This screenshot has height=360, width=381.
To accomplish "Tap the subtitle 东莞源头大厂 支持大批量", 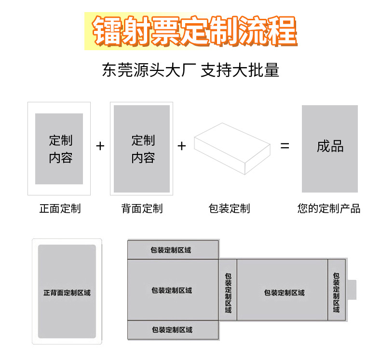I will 190,70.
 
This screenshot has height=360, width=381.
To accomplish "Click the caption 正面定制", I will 60,208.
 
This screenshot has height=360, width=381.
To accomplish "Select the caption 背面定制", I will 142,208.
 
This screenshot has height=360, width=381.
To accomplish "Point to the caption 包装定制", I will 229,208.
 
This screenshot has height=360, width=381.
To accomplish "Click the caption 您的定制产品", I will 329,208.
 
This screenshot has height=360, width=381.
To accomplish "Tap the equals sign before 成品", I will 285,145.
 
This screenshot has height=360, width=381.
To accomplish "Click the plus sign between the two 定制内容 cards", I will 100,146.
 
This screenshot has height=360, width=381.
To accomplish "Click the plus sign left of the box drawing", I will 182,146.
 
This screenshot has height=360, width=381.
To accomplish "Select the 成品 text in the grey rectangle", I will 330,147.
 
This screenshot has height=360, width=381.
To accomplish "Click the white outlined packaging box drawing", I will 232,148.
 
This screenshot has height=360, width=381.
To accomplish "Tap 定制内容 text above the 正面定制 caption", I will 60,149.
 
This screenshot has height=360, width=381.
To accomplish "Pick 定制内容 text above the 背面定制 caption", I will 143,149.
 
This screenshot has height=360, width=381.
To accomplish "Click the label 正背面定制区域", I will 67,292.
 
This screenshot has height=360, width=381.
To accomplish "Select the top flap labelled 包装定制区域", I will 171,250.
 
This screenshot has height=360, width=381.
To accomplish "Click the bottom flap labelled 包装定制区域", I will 172,330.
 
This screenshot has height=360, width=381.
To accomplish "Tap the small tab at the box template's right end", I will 352,290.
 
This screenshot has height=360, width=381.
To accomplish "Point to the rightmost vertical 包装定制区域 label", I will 336,292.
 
